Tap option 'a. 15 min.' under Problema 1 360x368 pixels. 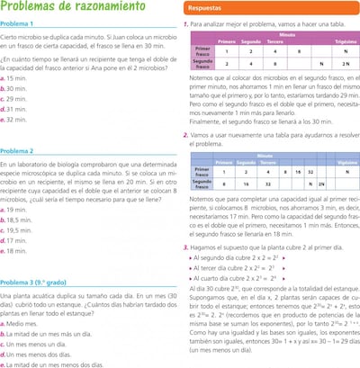[x=17, y=79]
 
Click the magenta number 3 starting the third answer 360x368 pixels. [x=184, y=246]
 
